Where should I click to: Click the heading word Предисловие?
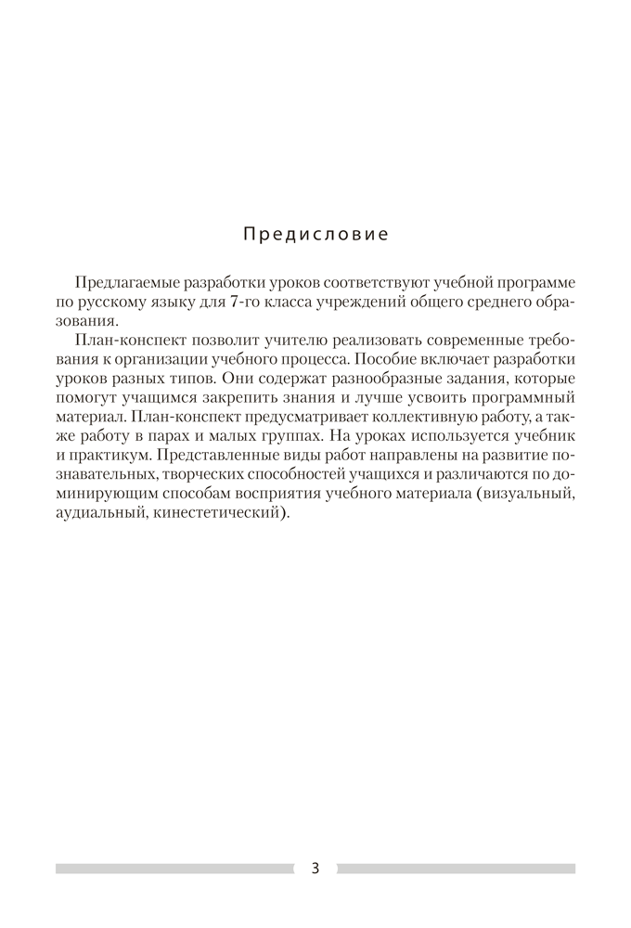tap(315, 233)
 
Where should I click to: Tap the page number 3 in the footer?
tap(315, 869)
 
